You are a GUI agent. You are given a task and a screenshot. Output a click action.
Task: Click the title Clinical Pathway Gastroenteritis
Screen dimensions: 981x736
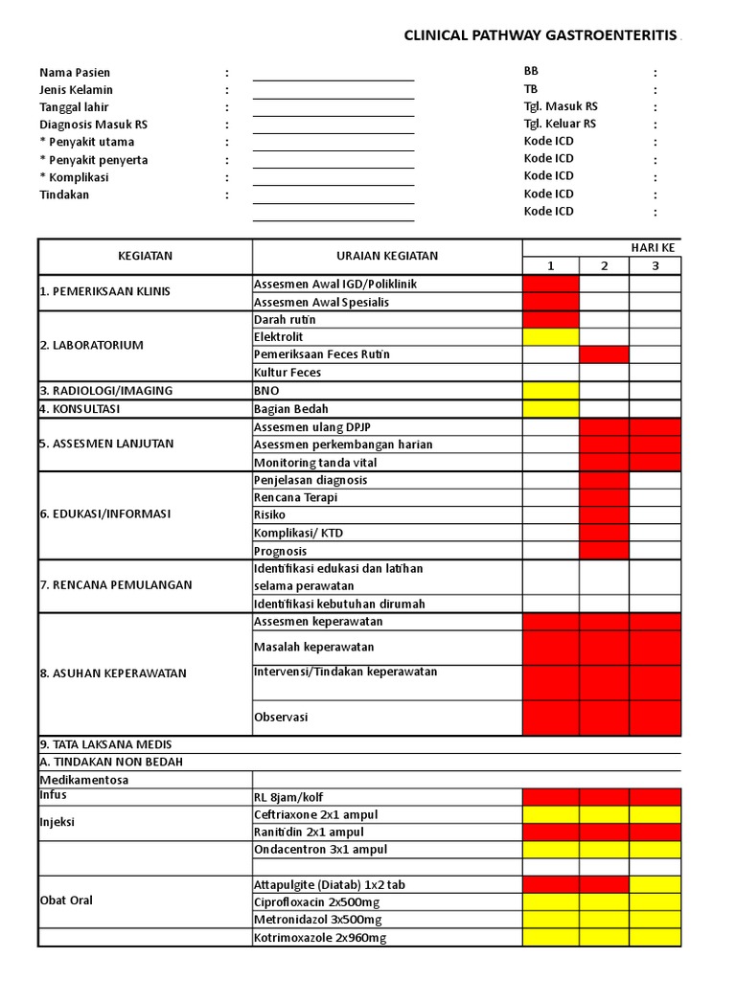pyautogui.click(x=540, y=35)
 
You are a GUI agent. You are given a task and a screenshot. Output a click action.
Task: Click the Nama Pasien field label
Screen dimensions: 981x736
pyautogui.click(x=75, y=73)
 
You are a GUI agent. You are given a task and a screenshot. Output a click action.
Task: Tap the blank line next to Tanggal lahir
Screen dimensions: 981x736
pyautogui.click(x=333, y=107)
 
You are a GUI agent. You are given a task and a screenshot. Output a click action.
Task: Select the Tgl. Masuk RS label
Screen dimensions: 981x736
pyautogui.click(x=561, y=106)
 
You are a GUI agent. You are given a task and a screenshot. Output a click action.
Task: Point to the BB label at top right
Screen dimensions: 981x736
pyautogui.click(x=531, y=72)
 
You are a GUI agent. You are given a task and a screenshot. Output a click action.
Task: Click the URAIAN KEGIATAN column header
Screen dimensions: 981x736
pyautogui.click(x=387, y=256)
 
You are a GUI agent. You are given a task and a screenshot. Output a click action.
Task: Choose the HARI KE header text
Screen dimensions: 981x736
pyautogui.click(x=653, y=247)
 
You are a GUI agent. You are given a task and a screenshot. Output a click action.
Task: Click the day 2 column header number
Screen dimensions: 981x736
pyautogui.click(x=604, y=265)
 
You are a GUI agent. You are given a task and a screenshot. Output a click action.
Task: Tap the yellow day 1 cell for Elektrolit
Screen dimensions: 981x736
pyautogui.click(x=550, y=337)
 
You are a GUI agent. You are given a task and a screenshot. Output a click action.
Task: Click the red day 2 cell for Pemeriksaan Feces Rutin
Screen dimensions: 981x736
pyautogui.click(x=604, y=354)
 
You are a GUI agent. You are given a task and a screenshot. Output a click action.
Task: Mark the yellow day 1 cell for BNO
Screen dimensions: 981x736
pyautogui.click(x=550, y=390)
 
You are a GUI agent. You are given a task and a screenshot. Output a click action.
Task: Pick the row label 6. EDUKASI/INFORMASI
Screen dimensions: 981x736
pyautogui.click(x=104, y=514)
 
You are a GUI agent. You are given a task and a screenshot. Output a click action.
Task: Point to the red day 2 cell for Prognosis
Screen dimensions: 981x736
pyautogui.click(x=604, y=551)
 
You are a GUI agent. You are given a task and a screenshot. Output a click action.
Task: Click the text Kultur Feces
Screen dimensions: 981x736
pyautogui.click(x=287, y=373)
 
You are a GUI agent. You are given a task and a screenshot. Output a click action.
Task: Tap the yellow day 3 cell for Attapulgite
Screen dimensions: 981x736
pyautogui.click(x=655, y=884)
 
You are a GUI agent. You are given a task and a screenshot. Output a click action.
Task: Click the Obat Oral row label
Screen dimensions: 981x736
pyautogui.click(x=66, y=901)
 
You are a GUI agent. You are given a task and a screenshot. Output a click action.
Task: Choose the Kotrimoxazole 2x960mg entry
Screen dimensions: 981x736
pyautogui.click(x=320, y=938)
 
